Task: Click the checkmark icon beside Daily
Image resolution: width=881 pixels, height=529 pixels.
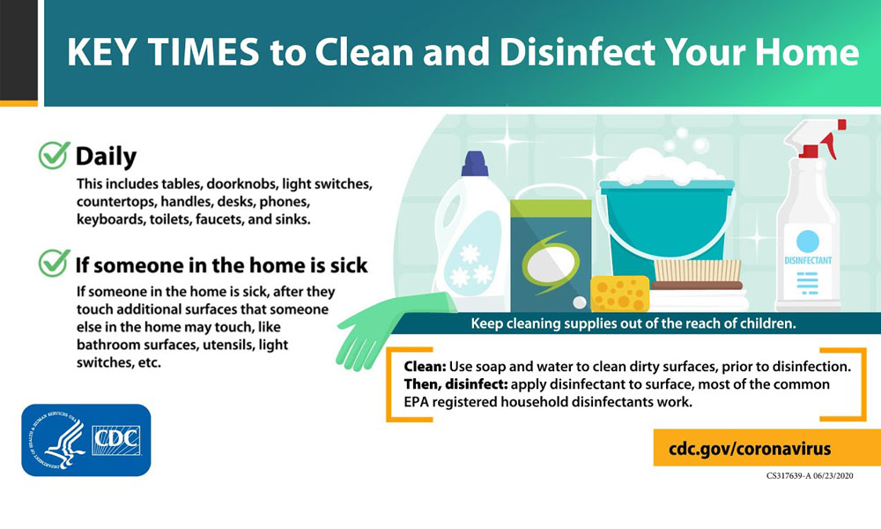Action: (54, 155)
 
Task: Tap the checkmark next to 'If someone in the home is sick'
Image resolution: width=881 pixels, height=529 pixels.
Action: (54, 263)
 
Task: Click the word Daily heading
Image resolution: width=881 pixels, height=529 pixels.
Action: (107, 156)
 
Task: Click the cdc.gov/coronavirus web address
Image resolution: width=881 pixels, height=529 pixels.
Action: (750, 449)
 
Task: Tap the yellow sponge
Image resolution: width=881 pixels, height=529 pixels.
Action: (619, 294)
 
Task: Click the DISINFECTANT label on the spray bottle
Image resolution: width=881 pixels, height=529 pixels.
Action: (808, 260)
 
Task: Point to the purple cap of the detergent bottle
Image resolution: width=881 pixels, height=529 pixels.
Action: (475, 164)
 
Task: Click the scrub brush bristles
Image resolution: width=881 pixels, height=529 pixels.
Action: (697, 271)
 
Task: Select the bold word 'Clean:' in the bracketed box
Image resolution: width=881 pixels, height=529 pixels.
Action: (425, 367)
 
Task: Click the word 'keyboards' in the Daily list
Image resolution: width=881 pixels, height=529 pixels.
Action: (111, 220)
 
